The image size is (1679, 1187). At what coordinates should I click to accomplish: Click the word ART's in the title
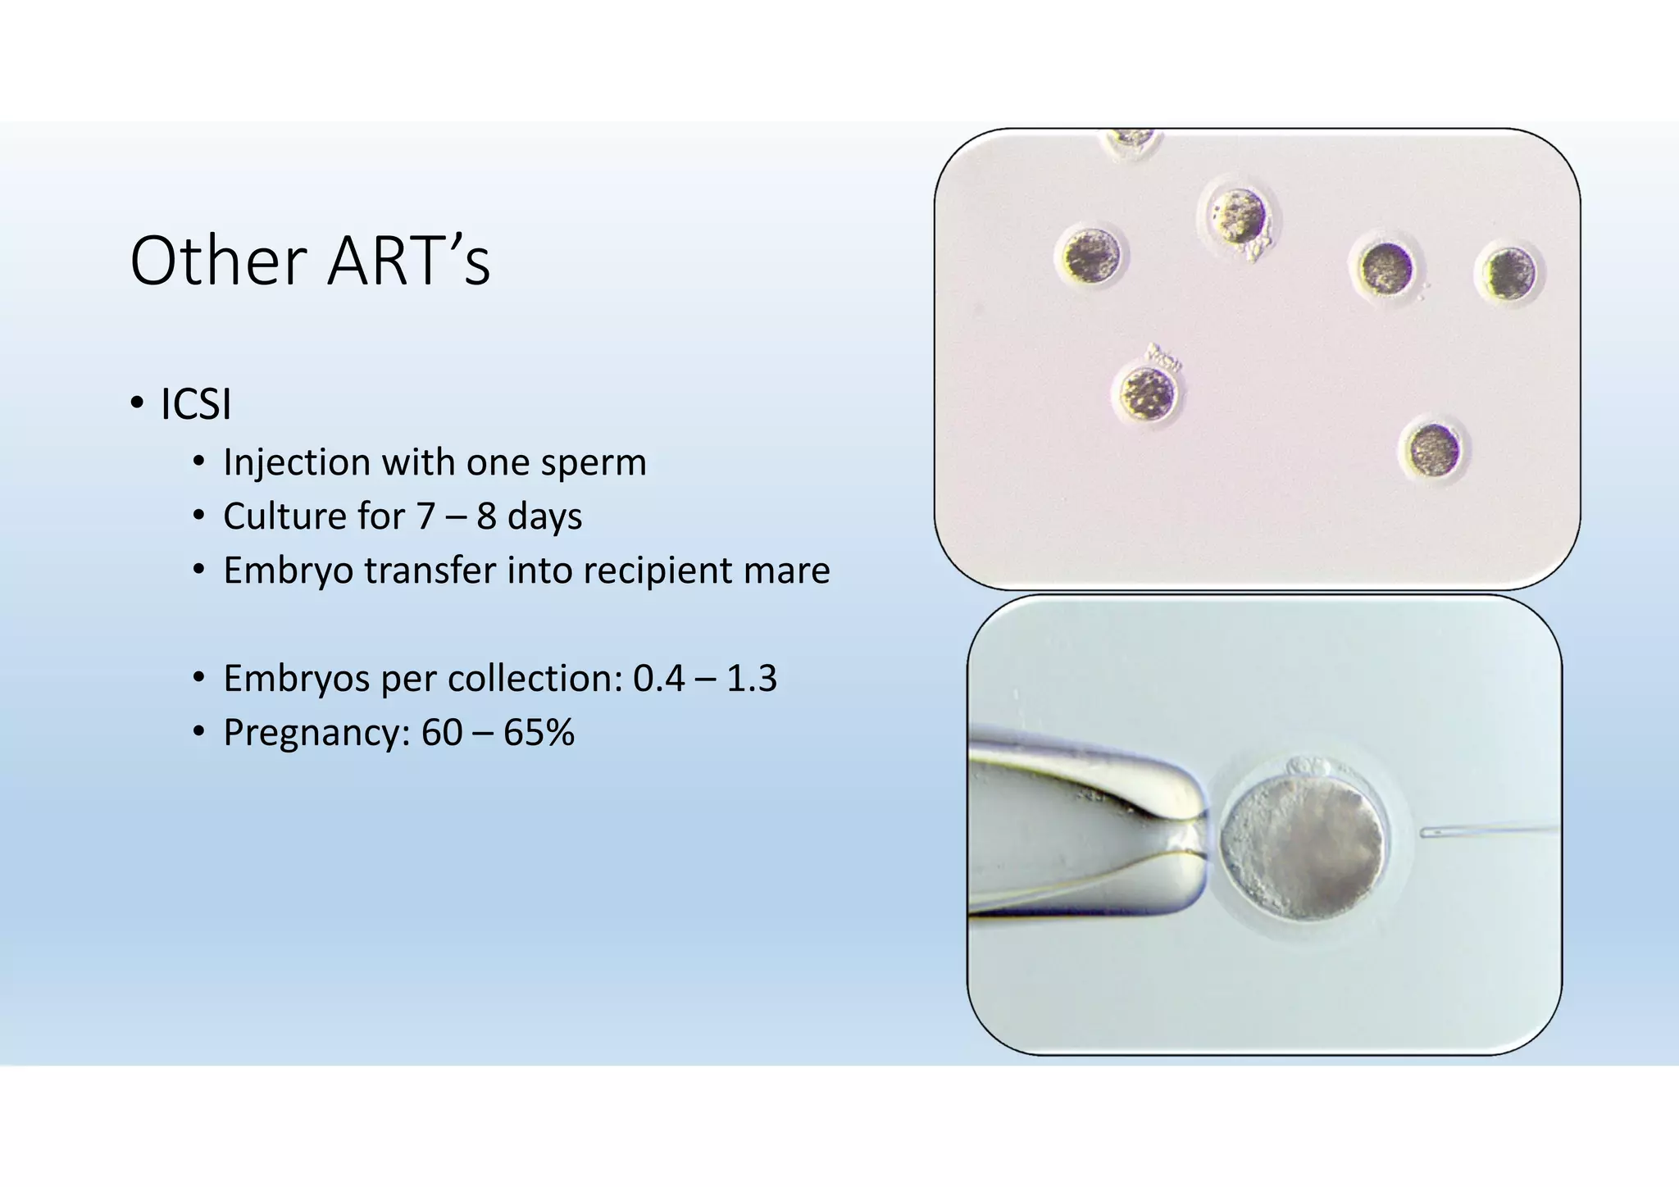point(409,262)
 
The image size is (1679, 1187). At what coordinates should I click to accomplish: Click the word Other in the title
point(218,262)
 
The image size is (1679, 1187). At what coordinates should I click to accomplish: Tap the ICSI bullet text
point(196,404)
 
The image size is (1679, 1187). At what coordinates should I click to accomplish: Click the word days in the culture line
point(544,516)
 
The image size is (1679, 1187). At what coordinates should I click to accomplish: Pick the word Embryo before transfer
point(288,571)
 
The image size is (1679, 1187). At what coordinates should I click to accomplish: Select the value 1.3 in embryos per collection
point(752,679)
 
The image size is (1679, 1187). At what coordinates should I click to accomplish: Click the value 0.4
point(658,679)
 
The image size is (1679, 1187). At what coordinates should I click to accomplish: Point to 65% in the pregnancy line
point(539,733)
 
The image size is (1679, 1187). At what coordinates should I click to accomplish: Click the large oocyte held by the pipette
point(1302,848)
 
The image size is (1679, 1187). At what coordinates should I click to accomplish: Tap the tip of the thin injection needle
point(1425,833)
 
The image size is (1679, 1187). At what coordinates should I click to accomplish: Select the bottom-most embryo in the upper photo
point(1434,450)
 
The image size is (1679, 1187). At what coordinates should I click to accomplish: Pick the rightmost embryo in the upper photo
point(1509,274)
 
